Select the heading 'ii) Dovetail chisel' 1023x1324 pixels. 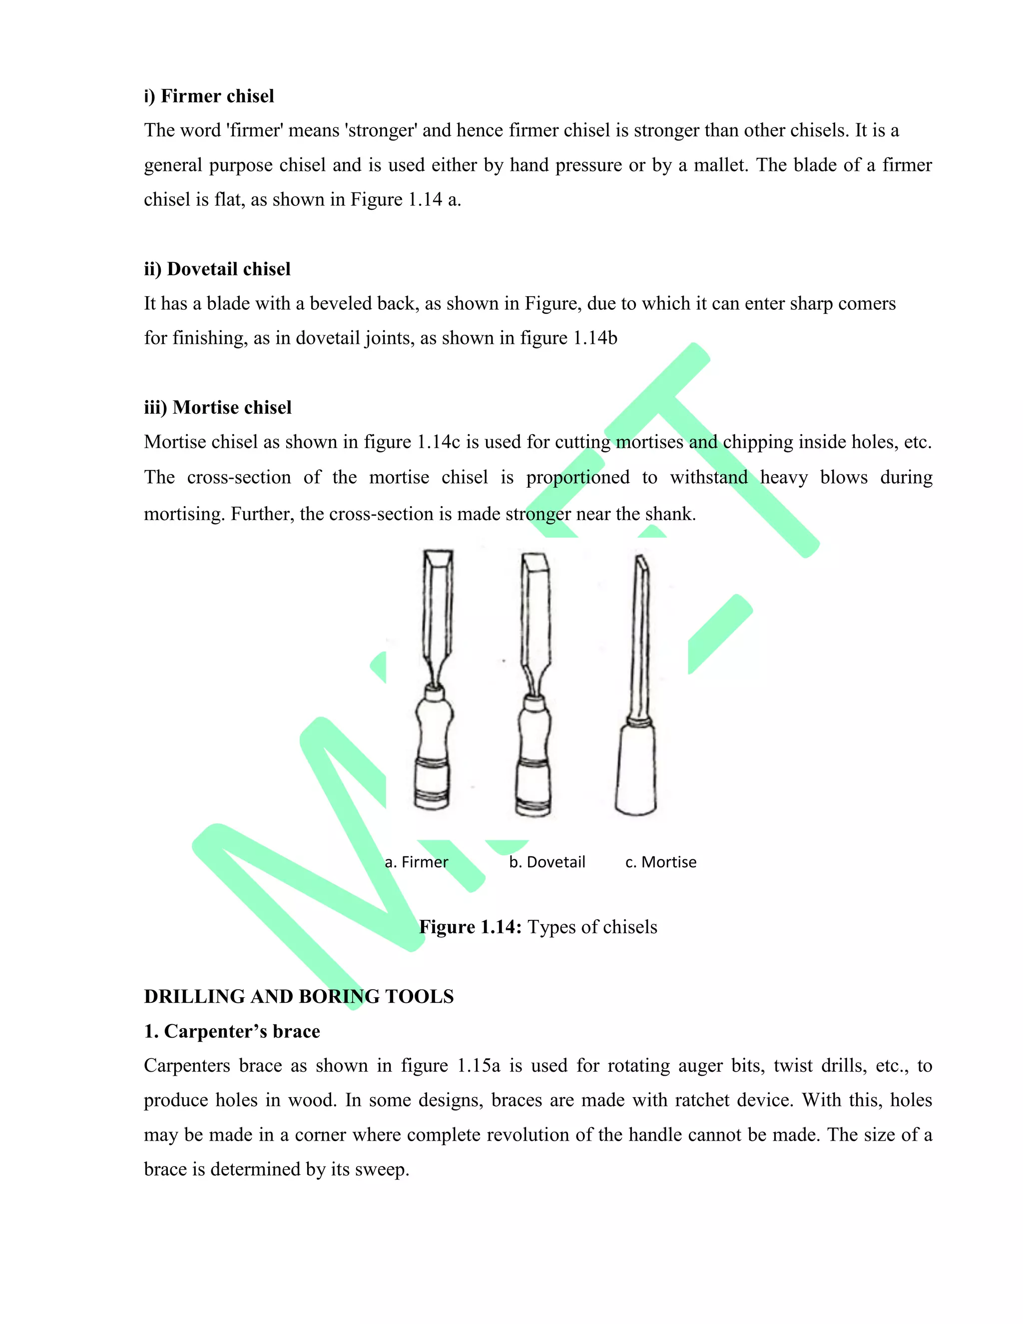(x=217, y=269)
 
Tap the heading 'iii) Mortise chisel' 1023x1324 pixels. (x=218, y=407)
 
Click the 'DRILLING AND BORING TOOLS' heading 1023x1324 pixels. (x=299, y=996)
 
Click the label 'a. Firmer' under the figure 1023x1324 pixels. (x=417, y=861)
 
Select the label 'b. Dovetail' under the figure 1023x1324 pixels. (x=546, y=861)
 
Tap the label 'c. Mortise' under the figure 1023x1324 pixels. (x=660, y=861)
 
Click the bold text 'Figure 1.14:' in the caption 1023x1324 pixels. (x=470, y=926)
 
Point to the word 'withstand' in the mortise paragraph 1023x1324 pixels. (x=708, y=477)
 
